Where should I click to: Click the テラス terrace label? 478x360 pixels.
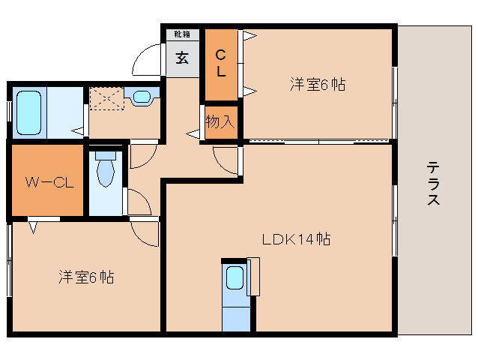(433, 184)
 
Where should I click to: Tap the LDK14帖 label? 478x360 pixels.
(296, 240)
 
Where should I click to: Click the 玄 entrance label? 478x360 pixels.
(182, 58)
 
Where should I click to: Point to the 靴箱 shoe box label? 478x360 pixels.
(182, 34)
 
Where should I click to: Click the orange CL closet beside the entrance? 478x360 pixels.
(221, 64)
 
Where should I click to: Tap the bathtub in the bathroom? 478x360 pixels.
(28, 112)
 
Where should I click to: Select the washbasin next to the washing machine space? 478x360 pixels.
(142, 96)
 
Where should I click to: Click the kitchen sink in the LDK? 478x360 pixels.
(234, 280)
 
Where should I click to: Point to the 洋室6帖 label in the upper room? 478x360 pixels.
(318, 85)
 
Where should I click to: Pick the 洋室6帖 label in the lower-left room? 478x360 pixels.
(86, 277)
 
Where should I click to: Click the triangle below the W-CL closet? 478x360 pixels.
(33, 224)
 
